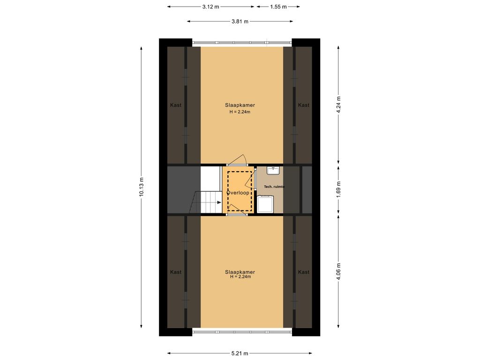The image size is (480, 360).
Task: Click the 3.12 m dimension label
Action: tap(210, 7)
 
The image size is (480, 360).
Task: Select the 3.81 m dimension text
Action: tap(240, 21)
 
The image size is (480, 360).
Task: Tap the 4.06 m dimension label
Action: tap(339, 271)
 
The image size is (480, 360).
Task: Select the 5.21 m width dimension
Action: tap(240, 353)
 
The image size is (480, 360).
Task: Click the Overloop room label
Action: tap(238, 193)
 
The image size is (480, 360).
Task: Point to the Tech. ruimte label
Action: tap(274, 187)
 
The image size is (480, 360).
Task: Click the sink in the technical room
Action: tap(273, 170)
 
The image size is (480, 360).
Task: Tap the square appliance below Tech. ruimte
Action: tap(265, 204)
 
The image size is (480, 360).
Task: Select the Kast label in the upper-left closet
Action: tap(176, 105)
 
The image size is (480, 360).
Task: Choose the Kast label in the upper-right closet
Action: tap(304, 105)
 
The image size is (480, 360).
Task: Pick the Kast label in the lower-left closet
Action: tap(176, 272)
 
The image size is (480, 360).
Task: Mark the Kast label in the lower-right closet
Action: tap(304, 272)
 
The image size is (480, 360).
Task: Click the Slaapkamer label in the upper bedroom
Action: tap(240, 105)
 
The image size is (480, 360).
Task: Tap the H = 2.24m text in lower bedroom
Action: tap(240, 277)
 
